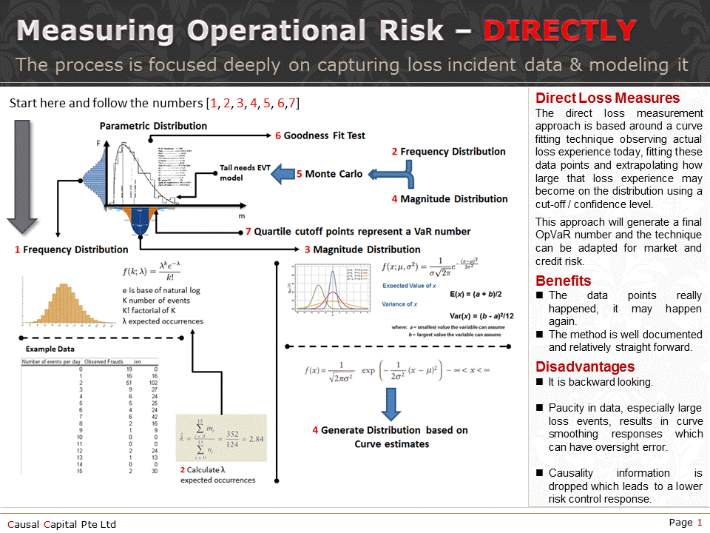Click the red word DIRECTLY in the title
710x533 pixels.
(559, 31)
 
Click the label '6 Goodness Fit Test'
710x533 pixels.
(320, 135)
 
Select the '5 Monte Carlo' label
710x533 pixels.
(330, 174)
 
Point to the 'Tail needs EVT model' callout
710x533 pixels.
(244, 172)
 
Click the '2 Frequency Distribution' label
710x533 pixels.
(449, 152)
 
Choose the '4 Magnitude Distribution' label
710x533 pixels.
(450, 198)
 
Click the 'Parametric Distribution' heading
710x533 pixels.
(153, 126)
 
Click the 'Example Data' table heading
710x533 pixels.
(50, 349)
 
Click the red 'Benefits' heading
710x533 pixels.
(563, 281)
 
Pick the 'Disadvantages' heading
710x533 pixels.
(585, 367)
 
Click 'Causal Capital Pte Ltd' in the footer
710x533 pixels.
(62, 524)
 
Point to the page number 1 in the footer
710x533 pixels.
(700, 523)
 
